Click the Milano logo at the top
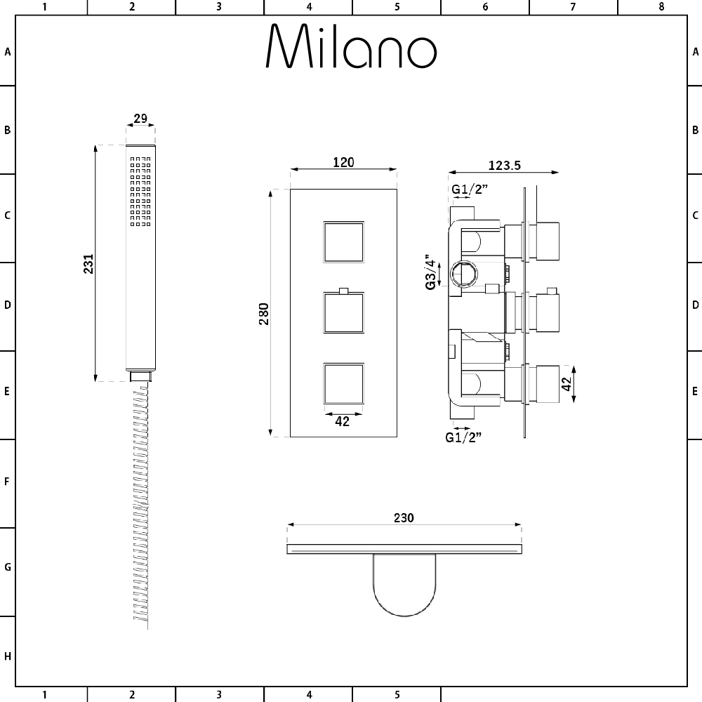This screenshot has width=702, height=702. pos(351,48)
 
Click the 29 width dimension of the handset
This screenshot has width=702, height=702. pos(140,119)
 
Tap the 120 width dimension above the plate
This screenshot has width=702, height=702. pos(343,162)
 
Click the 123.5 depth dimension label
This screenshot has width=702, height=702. pos(503,166)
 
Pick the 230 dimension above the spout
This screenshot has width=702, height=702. pos(404,518)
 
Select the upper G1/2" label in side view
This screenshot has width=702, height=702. pos(468,190)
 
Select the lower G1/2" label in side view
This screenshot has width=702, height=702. pos(463,437)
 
